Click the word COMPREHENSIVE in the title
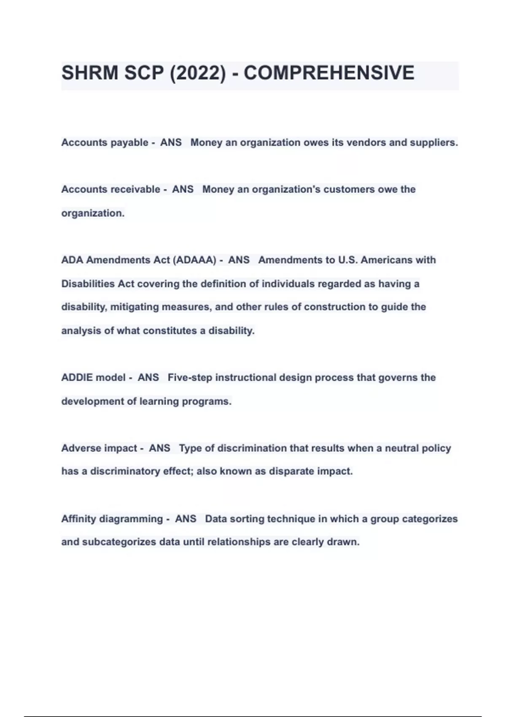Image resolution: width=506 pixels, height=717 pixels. (329, 73)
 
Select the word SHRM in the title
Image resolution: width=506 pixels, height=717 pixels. (90, 73)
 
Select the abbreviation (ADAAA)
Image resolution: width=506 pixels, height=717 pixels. (194, 260)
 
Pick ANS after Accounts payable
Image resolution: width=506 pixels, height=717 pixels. (171, 143)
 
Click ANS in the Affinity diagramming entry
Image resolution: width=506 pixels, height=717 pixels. (186, 519)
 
